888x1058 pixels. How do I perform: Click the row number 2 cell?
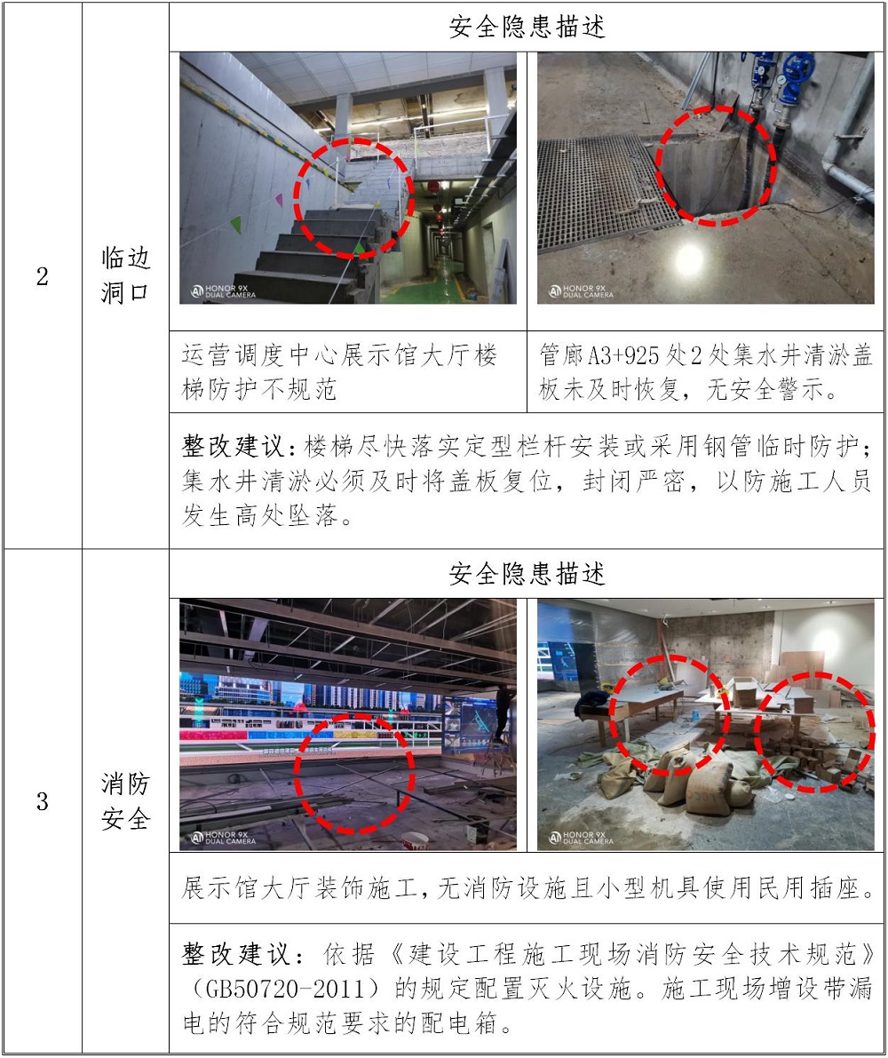tap(42, 276)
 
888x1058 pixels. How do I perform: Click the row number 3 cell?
tap(42, 801)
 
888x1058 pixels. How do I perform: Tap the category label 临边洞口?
tap(125, 275)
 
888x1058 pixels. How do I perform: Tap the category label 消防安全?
tap(125, 801)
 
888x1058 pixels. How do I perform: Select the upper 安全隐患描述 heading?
tap(527, 27)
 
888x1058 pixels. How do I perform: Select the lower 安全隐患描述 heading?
tap(527, 574)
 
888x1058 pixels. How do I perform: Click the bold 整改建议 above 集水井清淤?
tap(234, 446)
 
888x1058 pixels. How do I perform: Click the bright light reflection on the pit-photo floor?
tap(689, 259)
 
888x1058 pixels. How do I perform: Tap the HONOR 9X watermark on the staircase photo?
tap(223, 290)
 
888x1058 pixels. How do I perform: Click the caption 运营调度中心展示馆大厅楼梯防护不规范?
tap(340, 372)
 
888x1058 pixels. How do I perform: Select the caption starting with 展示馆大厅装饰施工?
tap(527, 888)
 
